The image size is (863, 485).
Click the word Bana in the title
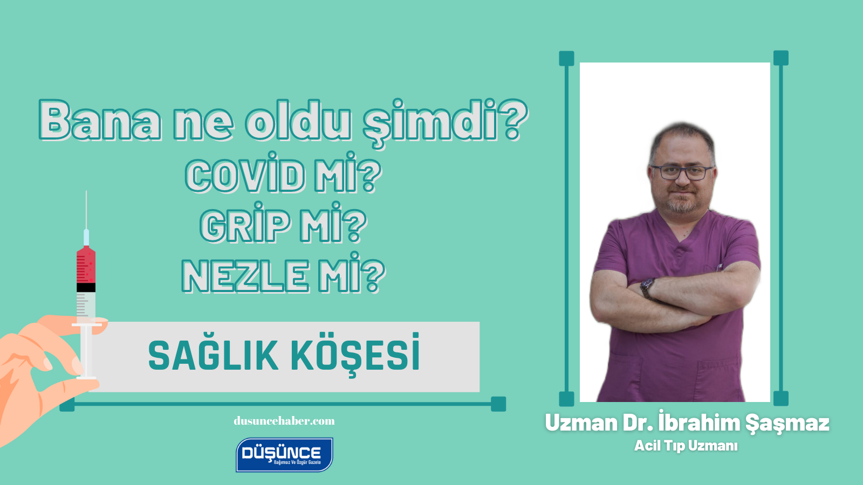(100, 121)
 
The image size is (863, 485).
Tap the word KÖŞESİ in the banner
(355, 356)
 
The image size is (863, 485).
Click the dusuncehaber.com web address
(284, 421)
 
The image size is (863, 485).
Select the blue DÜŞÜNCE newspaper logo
(284, 454)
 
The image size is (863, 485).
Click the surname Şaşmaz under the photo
(787, 423)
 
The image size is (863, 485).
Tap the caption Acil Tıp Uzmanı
(686, 446)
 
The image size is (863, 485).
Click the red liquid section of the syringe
(86, 266)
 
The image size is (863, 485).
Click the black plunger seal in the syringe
(86, 288)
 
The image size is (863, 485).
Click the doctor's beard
(681, 204)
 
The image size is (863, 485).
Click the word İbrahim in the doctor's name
(698, 423)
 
